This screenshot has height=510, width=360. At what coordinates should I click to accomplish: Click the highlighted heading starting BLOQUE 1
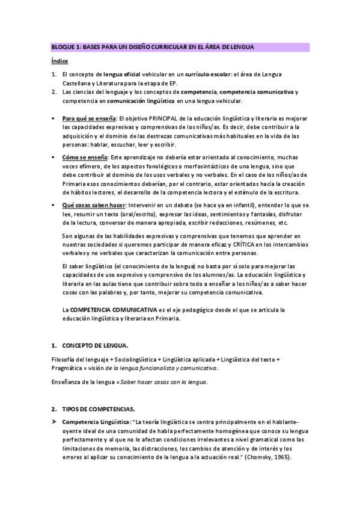pyautogui.click(x=152, y=47)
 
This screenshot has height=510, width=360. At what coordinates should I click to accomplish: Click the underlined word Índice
pyautogui.click(x=59, y=61)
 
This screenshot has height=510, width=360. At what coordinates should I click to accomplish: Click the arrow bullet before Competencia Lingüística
pyautogui.click(x=54, y=422)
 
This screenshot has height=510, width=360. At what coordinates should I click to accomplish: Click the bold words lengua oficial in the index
pyautogui.click(x=122, y=74)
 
